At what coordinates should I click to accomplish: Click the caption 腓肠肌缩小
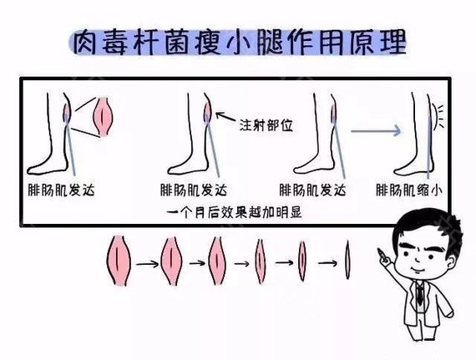pyautogui.click(x=409, y=190)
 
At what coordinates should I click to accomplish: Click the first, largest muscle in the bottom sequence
pyautogui.click(x=121, y=260)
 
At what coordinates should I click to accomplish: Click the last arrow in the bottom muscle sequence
pyautogui.click(x=327, y=261)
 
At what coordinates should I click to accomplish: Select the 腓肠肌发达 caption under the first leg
pyautogui.click(x=62, y=190)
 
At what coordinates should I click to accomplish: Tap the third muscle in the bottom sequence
pyautogui.click(x=218, y=261)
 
